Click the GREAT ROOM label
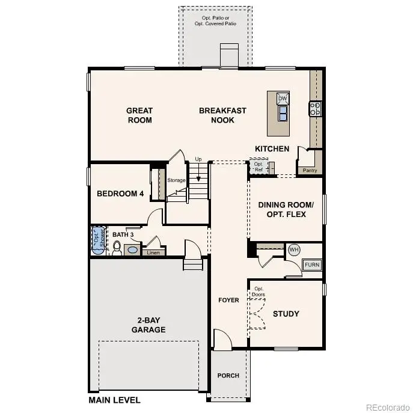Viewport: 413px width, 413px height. [x=139, y=115]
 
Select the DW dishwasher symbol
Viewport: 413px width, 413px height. [x=283, y=99]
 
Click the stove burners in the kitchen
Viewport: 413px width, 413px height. [x=316, y=109]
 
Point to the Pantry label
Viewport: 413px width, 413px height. [x=310, y=171]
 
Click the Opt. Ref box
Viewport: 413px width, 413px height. [x=259, y=167]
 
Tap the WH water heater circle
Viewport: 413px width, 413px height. [x=294, y=249]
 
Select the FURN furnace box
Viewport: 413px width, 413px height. [x=312, y=265]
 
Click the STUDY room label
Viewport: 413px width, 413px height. [x=286, y=314]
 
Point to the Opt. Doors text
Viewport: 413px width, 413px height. [x=259, y=291]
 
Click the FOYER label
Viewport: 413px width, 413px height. [x=228, y=300]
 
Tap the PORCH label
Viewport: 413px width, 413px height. [x=228, y=376]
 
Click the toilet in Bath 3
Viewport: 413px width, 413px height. [x=117, y=248]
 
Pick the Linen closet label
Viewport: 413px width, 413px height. [x=153, y=252]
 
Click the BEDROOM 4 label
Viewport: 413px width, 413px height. [x=121, y=194]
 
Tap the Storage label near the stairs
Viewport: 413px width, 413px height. [x=177, y=180]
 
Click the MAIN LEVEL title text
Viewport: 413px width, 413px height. [x=115, y=400]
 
